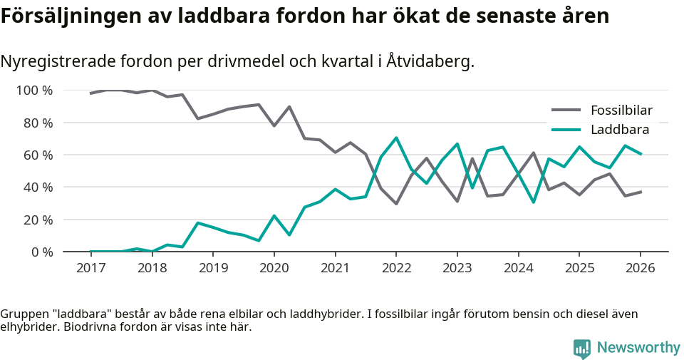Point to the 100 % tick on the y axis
34,91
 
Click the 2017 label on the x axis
90,268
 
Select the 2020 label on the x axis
274,268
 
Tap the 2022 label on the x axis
395,268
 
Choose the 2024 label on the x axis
518,268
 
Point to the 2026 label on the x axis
640,268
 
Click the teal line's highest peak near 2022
395,138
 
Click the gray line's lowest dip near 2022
395,204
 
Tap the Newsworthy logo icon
582,348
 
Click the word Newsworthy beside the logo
638,348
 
